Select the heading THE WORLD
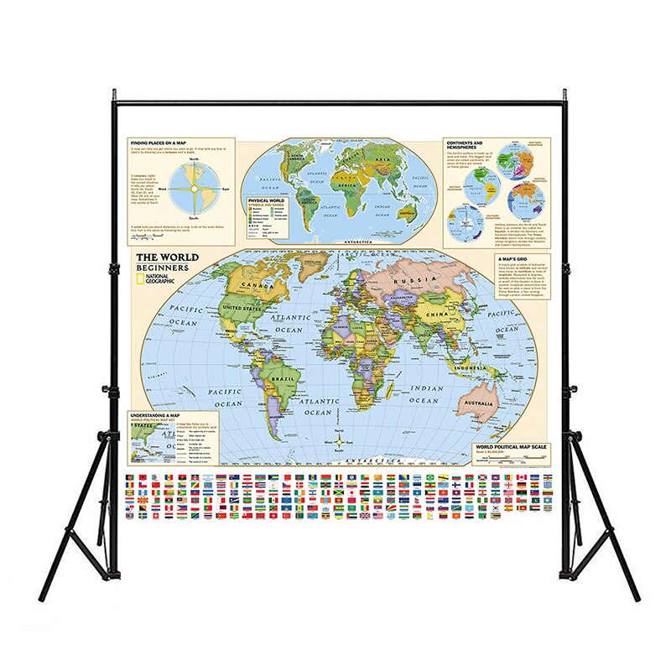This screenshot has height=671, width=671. pyautogui.click(x=168, y=257)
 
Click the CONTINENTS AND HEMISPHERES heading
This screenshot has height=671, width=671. pyautogui.click(x=466, y=146)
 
